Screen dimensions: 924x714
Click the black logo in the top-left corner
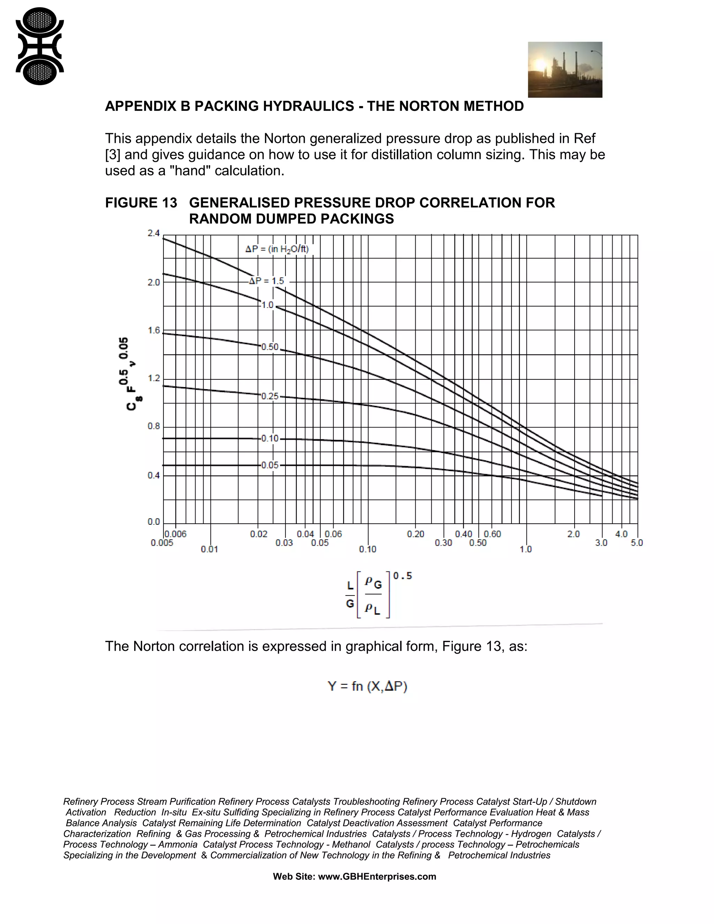(x=39, y=46)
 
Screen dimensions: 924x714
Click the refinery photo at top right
(x=565, y=69)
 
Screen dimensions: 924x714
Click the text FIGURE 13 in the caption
(x=141, y=203)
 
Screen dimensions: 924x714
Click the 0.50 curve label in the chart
(x=270, y=347)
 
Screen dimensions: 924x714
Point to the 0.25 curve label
(x=270, y=396)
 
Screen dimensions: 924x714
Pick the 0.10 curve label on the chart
(x=270, y=438)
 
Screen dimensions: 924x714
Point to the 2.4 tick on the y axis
(x=153, y=233)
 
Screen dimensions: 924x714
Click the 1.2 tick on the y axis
(x=153, y=378)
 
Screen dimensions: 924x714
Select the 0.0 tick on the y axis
(x=153, y=522)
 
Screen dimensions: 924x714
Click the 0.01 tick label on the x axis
(x=210, y=549)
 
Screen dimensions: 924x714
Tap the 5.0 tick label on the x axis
(x=637, y=543)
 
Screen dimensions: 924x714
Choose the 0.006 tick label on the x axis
(x=176, y=534)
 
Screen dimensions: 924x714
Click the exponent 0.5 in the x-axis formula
(x=402, y=576)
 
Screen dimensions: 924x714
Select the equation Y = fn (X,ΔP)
(x=367, y=686)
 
